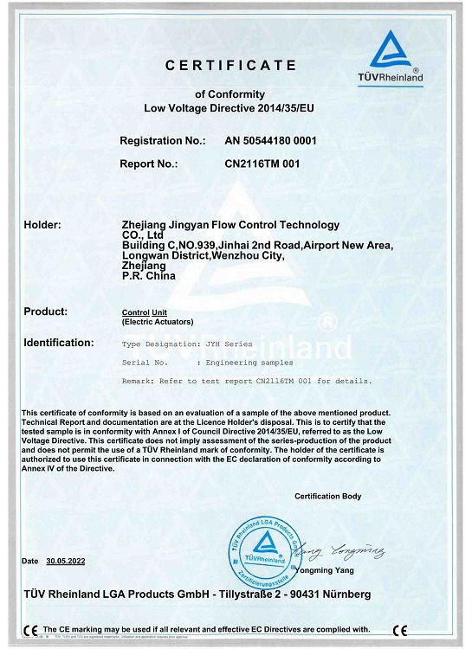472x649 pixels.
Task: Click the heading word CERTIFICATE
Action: pos(231,65)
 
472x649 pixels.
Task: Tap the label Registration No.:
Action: pos(162,139)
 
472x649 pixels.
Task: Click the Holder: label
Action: pos(42,225)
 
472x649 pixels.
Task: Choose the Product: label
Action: pos(46,311)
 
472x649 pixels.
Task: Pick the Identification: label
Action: pos(59,343)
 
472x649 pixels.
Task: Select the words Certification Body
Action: pos(327,496)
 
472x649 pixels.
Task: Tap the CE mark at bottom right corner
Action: pos(399,629)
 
